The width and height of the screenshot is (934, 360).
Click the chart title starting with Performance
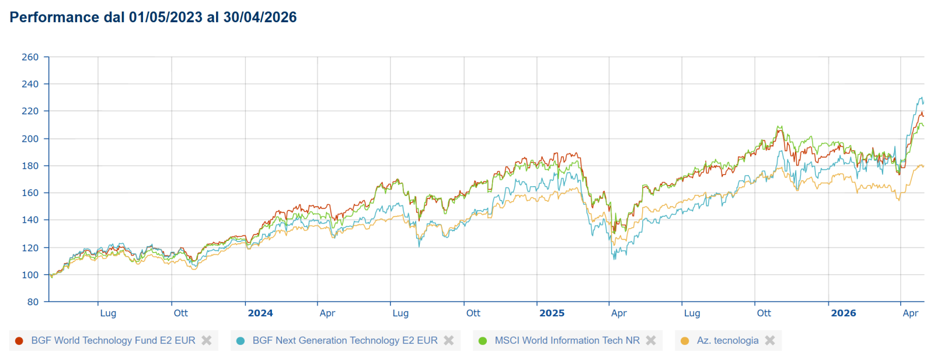click(x=153, y=18)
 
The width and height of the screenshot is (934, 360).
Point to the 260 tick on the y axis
click(x=30, y=57)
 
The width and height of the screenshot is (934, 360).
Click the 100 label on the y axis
click(x=30, y=275)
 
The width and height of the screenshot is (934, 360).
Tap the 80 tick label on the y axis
click(x=33, y=302)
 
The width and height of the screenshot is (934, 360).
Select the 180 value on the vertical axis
click(x=30, y=166)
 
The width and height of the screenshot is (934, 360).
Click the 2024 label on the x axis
click(x=260, y=313)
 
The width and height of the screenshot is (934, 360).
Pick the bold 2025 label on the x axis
click(x=552, y=313)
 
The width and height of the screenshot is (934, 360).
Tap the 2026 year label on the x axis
click(x=843, y=313)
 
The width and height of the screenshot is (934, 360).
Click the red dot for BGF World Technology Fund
click(x=19, y=341)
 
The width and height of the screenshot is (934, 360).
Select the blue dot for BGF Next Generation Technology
click(x=240, y=341)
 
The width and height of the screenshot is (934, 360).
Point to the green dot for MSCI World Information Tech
click(x=482, y=341)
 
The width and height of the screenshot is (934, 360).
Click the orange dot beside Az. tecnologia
click(x=684, y=341)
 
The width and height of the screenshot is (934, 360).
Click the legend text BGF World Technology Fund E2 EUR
click(x=113, y=340)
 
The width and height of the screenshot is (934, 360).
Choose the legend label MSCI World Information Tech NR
click(x=567, y=340)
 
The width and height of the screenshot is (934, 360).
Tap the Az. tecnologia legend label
click(x=727, y=340)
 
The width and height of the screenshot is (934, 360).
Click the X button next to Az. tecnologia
click(x=770, y=340)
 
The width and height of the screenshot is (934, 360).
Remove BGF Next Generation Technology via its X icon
click(x=449, y=340)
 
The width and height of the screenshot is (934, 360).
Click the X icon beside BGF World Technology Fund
click(x=207, y=340)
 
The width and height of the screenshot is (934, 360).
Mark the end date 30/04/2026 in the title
click(x=260, y=18)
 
